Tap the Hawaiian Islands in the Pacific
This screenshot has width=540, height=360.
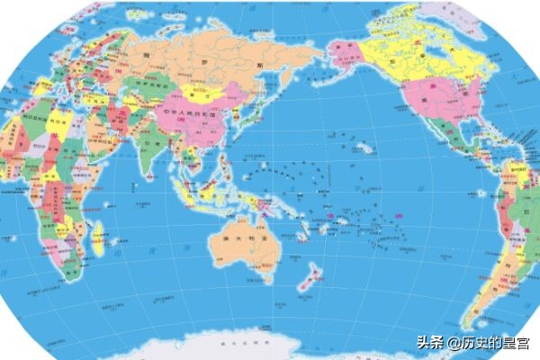pyautogui.click(x=364, y=147)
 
